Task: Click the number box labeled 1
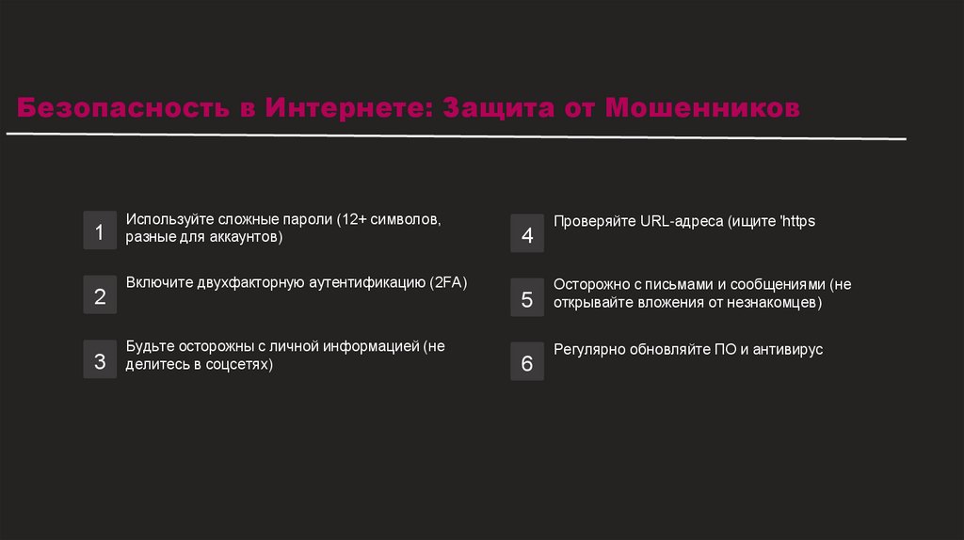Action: tap(100, 231)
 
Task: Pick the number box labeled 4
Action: tap(527, 234)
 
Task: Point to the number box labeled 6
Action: tap(527, 362)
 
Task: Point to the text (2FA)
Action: tap(448, 282)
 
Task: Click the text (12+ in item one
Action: tap(352, 219)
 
